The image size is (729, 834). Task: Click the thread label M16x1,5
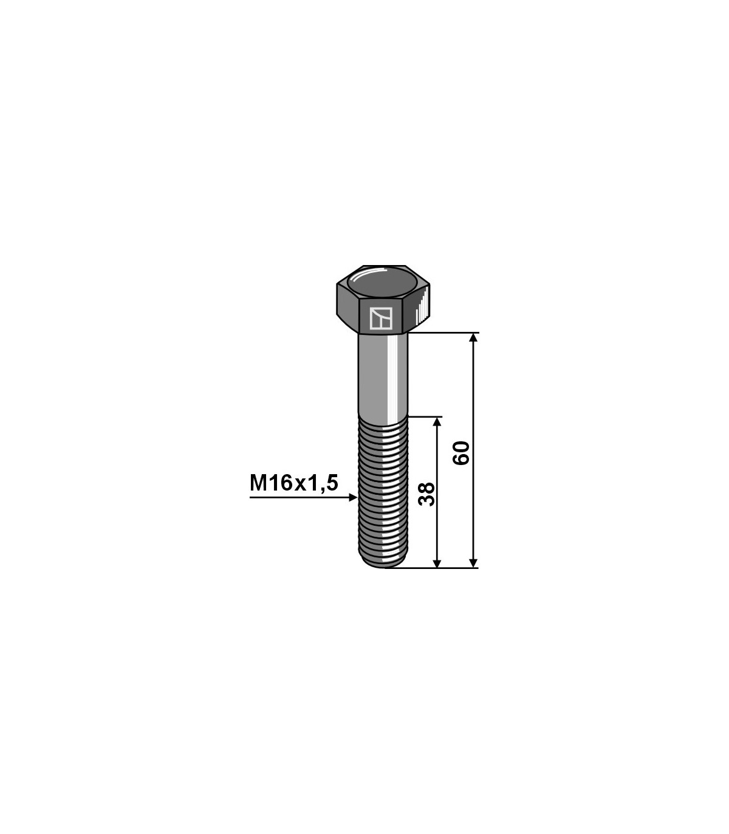[293, 483]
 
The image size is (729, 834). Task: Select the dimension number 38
[426, 494]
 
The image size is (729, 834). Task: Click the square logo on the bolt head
[380, 319]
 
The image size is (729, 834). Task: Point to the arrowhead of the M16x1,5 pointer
[353, 498]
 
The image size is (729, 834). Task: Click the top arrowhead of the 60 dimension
[473, 337]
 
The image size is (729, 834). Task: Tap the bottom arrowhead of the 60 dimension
[473, 563]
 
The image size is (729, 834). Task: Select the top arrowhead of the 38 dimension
[437, 421]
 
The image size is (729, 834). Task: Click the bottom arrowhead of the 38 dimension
[437, 563]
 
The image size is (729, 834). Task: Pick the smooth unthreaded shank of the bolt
[383, 378]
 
